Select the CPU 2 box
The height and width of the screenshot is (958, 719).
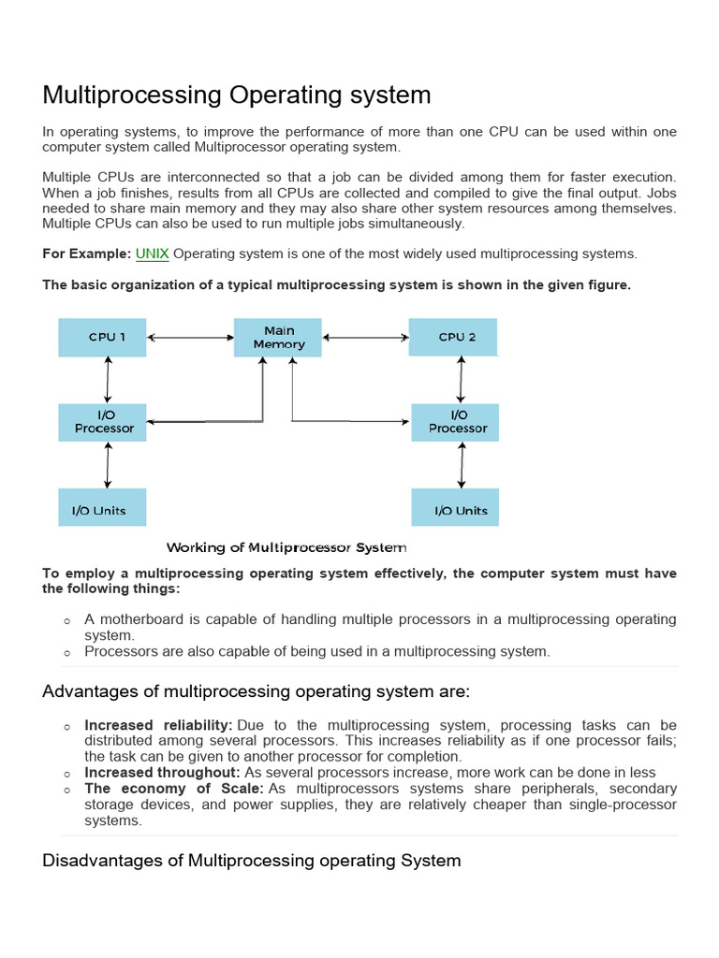click(x=453, y=337)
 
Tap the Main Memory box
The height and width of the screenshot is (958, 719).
click(x=279, y=338)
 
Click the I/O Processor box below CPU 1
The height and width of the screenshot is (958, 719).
click(x=104, y=422)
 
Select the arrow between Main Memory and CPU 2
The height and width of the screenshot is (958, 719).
click(x=367, y=337)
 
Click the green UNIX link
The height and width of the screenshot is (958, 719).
click(x=153, y=254)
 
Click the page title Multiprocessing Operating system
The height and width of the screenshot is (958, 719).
click(x=237, y=94)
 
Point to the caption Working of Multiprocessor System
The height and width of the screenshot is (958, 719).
click(x=286, y=547)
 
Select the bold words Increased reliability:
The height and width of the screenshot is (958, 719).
click(x=158, y=725)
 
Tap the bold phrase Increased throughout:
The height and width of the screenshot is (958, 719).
click(x=162, y=773)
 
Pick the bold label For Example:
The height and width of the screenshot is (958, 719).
click(x=86, y=254)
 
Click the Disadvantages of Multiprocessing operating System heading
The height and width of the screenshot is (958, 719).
click(x=252, y=860)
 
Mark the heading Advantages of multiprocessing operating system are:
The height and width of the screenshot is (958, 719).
click(x=256, y=691)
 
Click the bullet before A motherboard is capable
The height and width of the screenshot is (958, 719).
click(x=67, y=621)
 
